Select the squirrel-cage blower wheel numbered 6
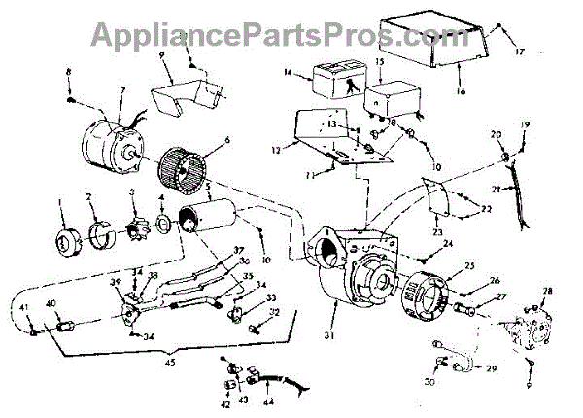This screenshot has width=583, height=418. (x=184, y=170)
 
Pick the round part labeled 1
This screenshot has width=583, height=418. (x=65, y=237)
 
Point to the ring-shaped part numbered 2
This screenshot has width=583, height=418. (x=98, y=234)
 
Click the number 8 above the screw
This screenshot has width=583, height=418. (x=69, y=74)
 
